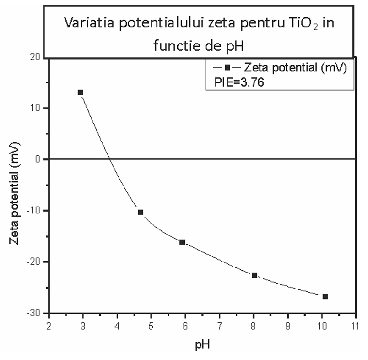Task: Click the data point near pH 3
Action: (81, 93)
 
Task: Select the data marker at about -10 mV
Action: (141, 212)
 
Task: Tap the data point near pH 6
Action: (182, 242)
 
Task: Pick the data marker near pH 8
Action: (254, 275)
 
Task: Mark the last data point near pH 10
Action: (325, 296)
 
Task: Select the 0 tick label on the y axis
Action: (39, 159)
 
